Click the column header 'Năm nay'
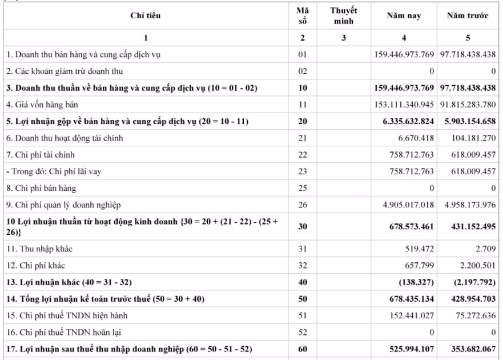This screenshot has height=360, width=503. (404, 16)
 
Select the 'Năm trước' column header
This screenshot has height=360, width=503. (468, 16)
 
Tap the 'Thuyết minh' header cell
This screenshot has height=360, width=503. (343, 16)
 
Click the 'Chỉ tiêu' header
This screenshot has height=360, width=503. (146, 16)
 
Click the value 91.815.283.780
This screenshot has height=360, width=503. (468, 105)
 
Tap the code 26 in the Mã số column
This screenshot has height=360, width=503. (302, 205)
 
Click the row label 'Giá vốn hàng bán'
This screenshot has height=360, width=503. (42, 105)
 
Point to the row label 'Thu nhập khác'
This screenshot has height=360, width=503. (39, 249)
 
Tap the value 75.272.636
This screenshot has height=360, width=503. (473, 315)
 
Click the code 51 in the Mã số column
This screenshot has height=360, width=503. (302, 315)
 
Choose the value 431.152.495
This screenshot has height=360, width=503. (470, 226)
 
